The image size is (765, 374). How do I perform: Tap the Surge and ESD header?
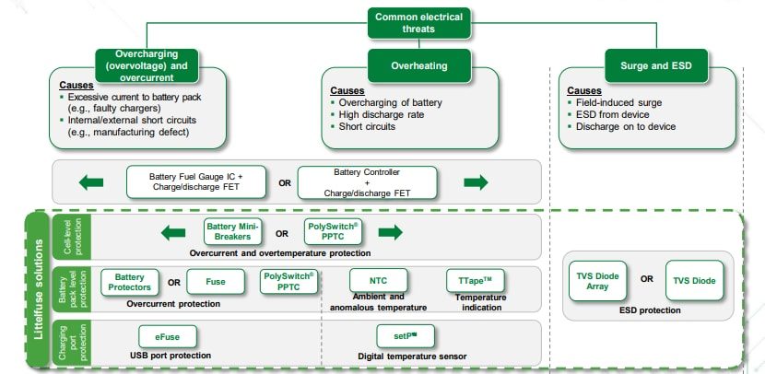649,66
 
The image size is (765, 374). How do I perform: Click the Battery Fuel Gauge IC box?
196,182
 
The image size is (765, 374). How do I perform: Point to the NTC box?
378,282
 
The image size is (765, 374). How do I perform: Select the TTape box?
474,282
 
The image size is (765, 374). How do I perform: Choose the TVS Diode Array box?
599,280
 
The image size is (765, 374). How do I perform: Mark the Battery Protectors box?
129,282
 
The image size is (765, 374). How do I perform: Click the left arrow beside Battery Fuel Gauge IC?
92,182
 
